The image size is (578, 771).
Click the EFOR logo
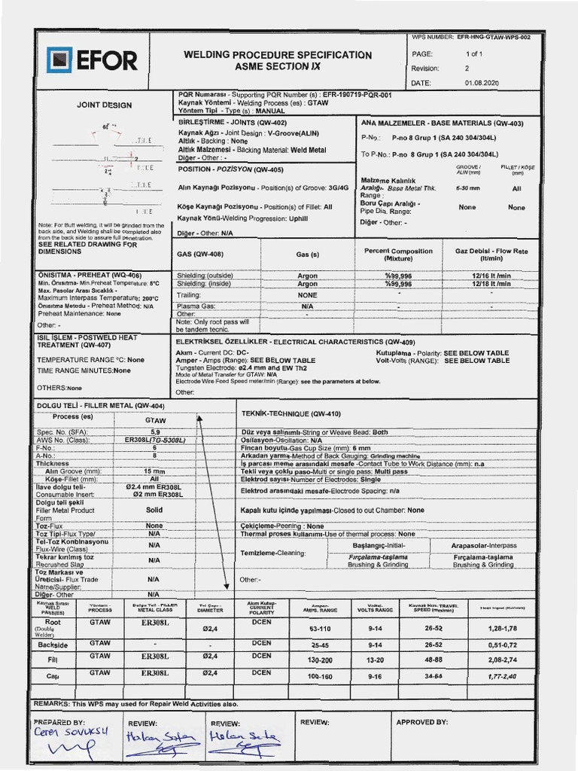[x=92, y=59]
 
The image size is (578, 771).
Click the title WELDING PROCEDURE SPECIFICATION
[x=278, y=55]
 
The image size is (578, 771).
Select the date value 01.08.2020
[x=482, y=82]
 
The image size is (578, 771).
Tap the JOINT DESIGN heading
[x=104, y=105]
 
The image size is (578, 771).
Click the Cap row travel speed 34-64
[x=433, y=677]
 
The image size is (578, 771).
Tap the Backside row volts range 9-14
[x=375, y=645]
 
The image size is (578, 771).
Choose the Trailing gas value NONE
[x=307, y=295]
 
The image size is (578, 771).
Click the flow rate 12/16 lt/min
[x=491, y=276]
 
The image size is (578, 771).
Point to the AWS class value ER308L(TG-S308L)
[x=155, y=439]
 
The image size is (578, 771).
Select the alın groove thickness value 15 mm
[x=154, y=471]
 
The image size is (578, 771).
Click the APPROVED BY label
[x=421, y=721]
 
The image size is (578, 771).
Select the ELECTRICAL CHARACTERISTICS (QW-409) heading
[x=333, y=342]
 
